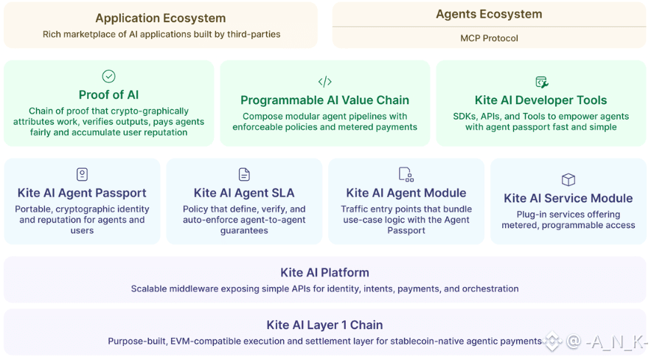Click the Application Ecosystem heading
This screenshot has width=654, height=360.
[x=160, y=18]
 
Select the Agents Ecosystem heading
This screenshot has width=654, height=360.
[x=489, y=14]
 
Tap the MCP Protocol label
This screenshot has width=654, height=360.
[x=489, y=38]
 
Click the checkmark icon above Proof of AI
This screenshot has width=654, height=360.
[x=108, y=76]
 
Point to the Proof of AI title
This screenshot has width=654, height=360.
[x=108, y=94]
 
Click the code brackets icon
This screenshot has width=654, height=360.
[x=324, y=81]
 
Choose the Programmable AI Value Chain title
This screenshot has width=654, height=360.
[x=324, y=100]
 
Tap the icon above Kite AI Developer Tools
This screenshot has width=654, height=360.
[x=541, y=82]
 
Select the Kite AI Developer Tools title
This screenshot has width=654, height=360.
[x=540, y=100]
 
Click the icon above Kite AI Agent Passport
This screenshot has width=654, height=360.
[x=82, y=174]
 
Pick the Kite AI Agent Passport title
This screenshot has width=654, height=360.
[x=82, y=193]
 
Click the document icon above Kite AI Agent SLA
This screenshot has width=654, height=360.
[x=244, y=174]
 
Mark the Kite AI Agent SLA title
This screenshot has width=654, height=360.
[x=244, y=193]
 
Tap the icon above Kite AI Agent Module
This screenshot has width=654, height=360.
[x=406, y=174]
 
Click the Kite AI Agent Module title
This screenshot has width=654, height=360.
[x=406, y=193]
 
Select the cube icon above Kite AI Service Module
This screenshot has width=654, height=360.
[x=568, y=179]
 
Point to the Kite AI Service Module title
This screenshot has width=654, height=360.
[x=568, y=198]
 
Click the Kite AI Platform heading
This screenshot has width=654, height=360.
[x=324, y=272]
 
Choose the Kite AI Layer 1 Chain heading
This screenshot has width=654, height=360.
[x=324, y=325]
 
